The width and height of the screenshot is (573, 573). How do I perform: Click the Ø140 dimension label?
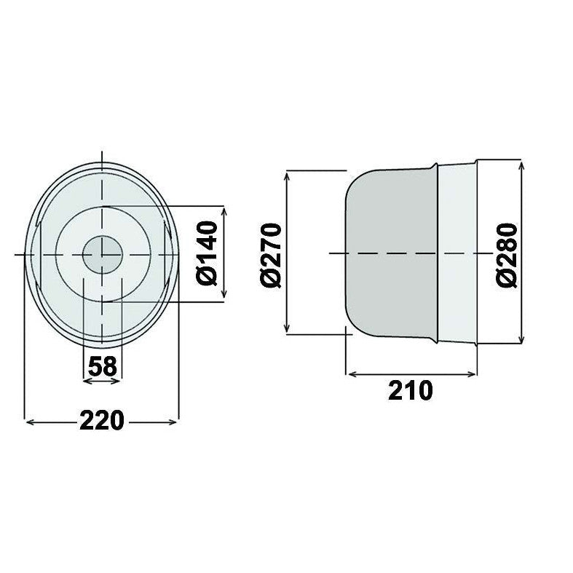pyautogui.click(x=207, y=253)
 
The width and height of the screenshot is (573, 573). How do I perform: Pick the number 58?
pyautogui.click(x=102, y=366)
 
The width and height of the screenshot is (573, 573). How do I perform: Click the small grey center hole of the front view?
pyautogui.click(x=102, y=253)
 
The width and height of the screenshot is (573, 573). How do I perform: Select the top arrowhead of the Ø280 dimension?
pyautogui.click(x=521, y=165)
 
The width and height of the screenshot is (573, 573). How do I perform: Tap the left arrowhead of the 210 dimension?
pyautogui.click(x=349, y=374)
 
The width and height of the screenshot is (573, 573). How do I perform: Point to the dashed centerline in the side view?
pyautogui.click(x=408, y=253)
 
